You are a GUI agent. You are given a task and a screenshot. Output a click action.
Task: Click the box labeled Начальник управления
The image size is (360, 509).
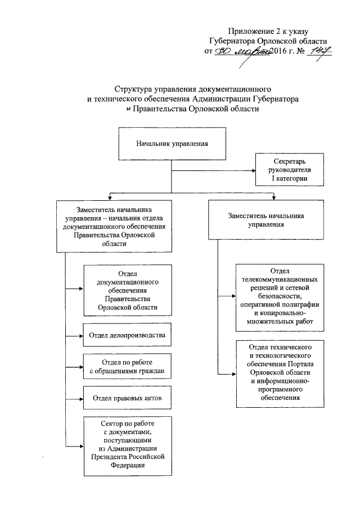tap(172, 143)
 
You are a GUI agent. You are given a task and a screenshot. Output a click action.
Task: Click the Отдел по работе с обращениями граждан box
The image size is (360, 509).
tap(127, 366)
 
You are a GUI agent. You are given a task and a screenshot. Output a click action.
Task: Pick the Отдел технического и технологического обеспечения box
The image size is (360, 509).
tap(280, 370)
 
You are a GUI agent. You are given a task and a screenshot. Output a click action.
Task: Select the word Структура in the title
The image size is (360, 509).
tap(132, 89)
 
